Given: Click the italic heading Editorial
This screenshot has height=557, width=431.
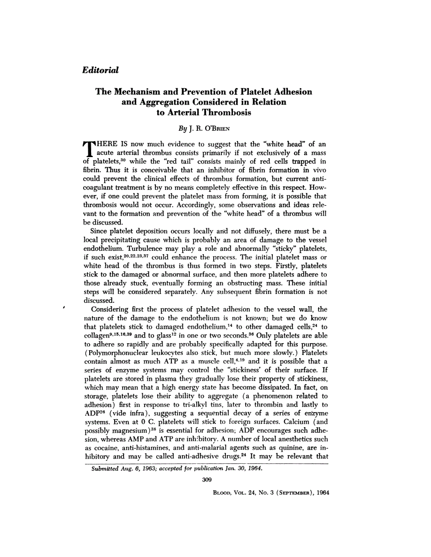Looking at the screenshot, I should (x=100, y=70).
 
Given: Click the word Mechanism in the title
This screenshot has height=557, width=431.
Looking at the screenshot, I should (x=139, y=92).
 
